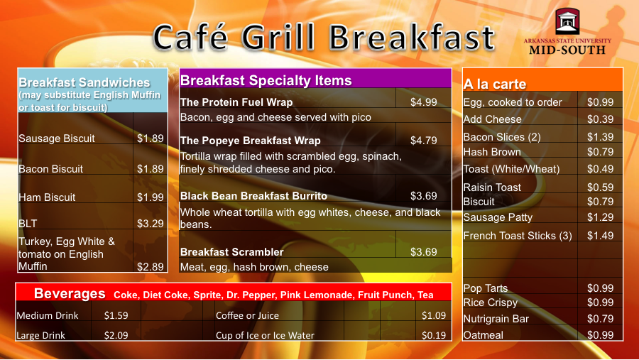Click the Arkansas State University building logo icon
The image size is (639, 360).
[567, 21]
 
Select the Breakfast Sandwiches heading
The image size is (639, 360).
[84, 82]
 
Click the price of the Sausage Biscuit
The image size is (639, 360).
[150, 138]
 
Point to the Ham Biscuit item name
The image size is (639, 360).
[47, 197]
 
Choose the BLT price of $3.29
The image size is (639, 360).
[150, 224]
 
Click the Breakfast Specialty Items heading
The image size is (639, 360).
[266, 80]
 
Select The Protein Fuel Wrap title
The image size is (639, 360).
[236, 102]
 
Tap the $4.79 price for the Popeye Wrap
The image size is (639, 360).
[423, 141]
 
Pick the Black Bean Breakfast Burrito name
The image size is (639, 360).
[253, 196]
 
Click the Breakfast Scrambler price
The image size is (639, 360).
[423, 252]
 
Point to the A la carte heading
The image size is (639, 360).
[495, 84]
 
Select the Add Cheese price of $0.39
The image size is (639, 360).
[600, 119]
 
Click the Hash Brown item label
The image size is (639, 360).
[492, 152]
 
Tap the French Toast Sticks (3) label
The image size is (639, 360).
[518, 236]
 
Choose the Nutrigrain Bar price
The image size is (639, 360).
[600, 319]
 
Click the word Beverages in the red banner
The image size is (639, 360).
[70, 293]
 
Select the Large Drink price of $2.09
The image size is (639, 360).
[116, 335]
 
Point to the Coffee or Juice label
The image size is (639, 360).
[247, 315]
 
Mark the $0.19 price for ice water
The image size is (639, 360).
[434, 335]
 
